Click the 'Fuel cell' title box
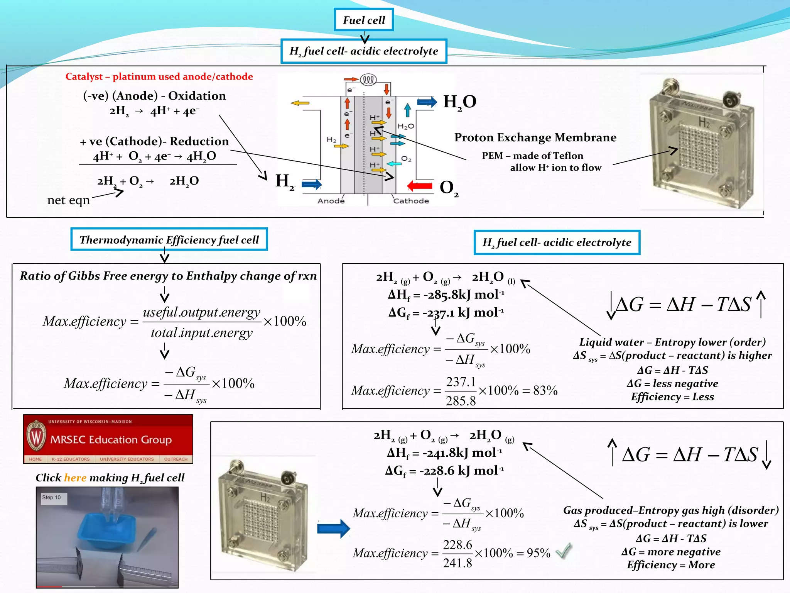click(x=364, y=20)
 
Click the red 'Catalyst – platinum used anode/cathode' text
click(x=159, y=76)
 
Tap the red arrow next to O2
click(x=420, y=186)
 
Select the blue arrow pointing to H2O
click(x=427, y=102)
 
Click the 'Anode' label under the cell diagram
click(x=331, y=201)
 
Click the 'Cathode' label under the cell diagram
click(x=411, y=201)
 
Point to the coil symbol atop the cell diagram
click(x=368, y=80)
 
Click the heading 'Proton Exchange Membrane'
click(x=535, y=137)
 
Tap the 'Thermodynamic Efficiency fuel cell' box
click(x=169, y=240)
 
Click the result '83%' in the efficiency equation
click(x=545, y=390)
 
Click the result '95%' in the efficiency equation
click(x=538, y=553)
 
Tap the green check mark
click(x=564, y=551)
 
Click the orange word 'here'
click(x=75, y=478)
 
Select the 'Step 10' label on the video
click(x=52, y=498)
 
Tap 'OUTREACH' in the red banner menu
click(x=176, y=459)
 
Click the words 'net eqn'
click(x=68, y=200)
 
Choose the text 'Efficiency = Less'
click(x=672, y=397)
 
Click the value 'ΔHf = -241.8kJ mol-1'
click(x=444, y=452)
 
